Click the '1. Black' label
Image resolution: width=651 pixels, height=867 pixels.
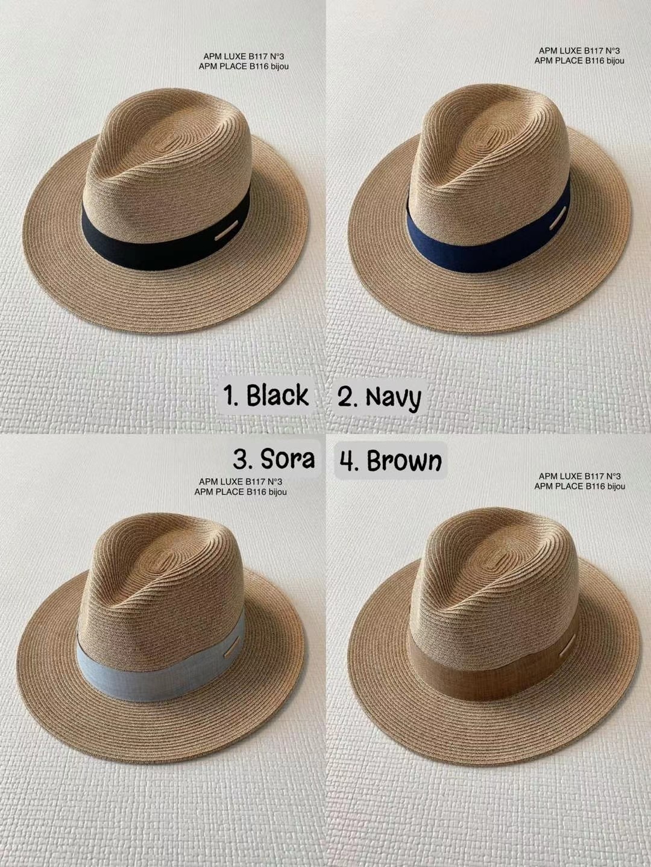click(266, 394)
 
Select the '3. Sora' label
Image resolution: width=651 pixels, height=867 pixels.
click(274, 459)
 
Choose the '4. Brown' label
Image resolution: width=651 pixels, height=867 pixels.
click(391, 460)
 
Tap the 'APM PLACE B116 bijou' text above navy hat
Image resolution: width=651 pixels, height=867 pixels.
click(579, 61)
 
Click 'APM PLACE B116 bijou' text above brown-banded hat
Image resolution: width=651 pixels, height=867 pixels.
click(580, 486)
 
